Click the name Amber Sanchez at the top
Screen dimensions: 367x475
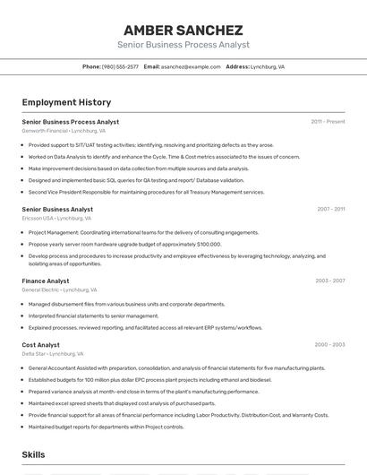183,30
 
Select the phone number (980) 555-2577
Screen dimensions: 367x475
120,66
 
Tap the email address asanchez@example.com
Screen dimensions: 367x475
191,66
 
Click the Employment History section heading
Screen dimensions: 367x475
66,102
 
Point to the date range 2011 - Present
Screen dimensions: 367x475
328,122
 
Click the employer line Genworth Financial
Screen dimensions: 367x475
64,130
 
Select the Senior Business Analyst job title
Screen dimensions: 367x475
57,209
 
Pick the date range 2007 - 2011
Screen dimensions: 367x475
330,209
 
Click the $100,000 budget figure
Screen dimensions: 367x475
208,244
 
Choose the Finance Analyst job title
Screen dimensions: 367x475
46,281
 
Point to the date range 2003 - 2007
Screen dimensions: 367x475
329,281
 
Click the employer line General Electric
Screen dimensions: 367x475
59,289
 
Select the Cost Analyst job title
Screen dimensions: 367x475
41,344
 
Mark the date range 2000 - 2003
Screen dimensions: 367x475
329,344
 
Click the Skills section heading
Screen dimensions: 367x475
34,455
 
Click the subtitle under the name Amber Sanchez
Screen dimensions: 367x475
183,45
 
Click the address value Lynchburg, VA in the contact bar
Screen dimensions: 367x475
268,66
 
